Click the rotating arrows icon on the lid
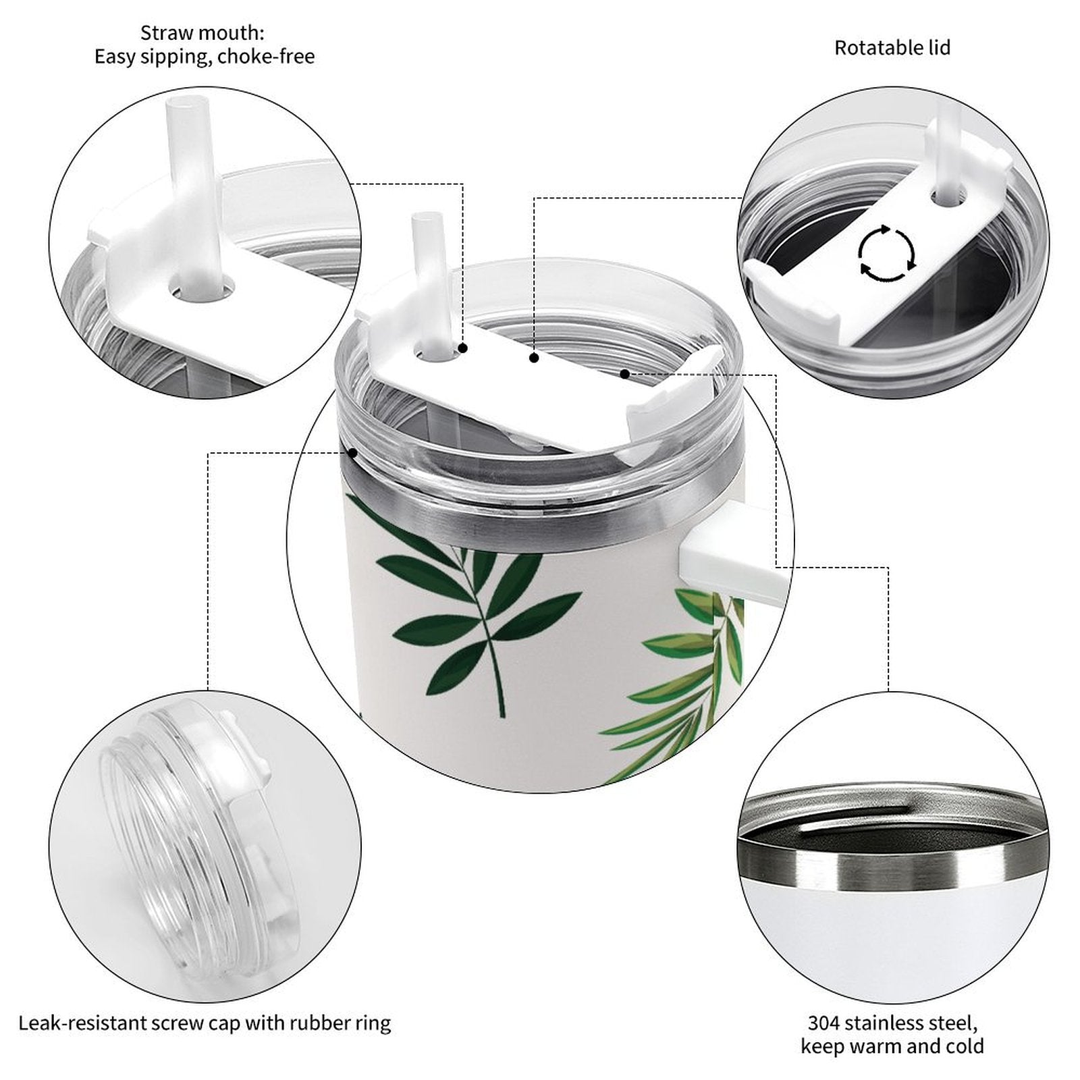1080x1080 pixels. [887, 254]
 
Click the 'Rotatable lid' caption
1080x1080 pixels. [892, 48]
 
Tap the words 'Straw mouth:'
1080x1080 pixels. [202, 32]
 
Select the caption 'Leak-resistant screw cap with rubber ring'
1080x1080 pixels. [205, 1023]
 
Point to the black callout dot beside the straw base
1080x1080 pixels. [463, 348]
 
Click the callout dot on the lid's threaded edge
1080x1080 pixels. [352, 453]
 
